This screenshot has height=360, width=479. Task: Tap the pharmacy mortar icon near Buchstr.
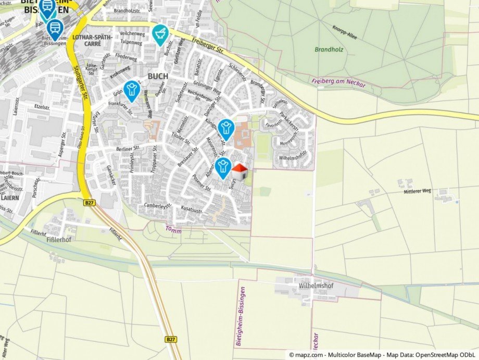[x=160, y=34]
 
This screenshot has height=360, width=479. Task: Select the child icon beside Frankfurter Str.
[x=131, y=90]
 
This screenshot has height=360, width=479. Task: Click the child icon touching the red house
[x=224, y=168]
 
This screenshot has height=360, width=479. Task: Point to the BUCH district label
[x=158, y=76]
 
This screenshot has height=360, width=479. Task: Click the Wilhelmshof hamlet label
[x=316, y=286]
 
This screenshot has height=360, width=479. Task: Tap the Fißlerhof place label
[x=58, y=241]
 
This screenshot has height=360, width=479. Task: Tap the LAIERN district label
[x=10, y=198]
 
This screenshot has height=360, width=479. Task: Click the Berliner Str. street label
[x=128, y=148]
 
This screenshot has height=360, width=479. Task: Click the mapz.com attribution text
[x=383, y=354]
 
